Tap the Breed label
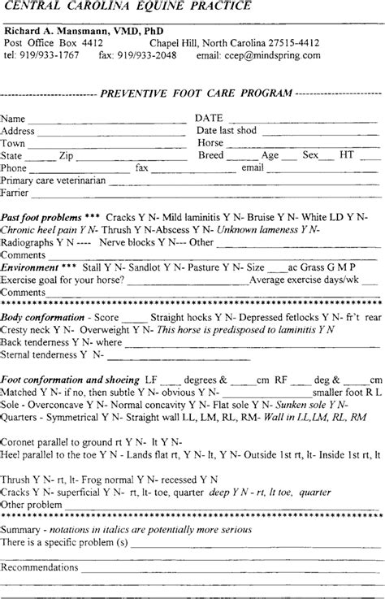(210, 155)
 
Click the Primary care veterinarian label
(54, 180)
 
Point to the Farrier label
(15, 193)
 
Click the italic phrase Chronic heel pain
(35, 231)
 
